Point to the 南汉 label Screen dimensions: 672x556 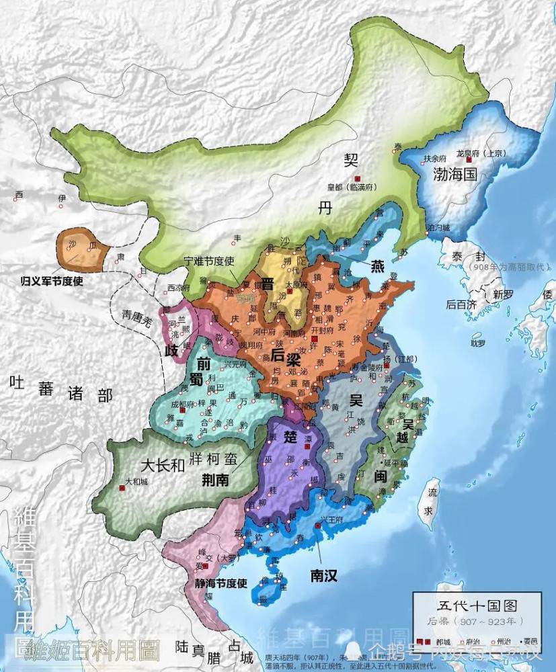pyautogui.click(x=323, y=575)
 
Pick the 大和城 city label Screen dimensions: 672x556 pyautogui.click(x=136, y=481)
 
